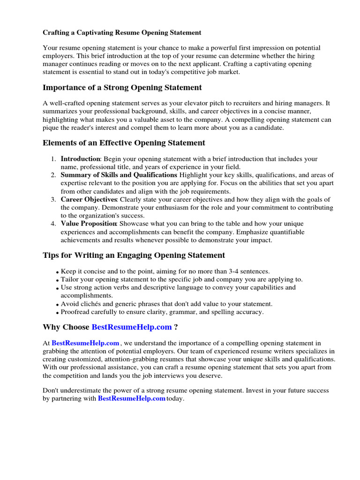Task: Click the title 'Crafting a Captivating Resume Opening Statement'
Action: click(122, 33)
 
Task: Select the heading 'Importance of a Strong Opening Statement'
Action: click(122, 88)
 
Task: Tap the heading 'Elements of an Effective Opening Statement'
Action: click(124, 143)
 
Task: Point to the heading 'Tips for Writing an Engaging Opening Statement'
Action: click(134, 255)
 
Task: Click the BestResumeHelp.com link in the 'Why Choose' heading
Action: click(132, 327)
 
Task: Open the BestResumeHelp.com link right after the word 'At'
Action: click(85, 343)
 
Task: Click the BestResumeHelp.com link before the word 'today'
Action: click(131, 398)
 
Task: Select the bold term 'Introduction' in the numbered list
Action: click(80, 159)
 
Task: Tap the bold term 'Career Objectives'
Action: click(89, 199)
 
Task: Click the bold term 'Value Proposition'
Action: click(89, 224)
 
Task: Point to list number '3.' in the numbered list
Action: click(53, 199)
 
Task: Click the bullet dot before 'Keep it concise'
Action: click(57, 272)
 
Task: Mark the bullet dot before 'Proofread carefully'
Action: click(57, 313)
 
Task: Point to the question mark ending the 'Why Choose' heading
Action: click(175, 327)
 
